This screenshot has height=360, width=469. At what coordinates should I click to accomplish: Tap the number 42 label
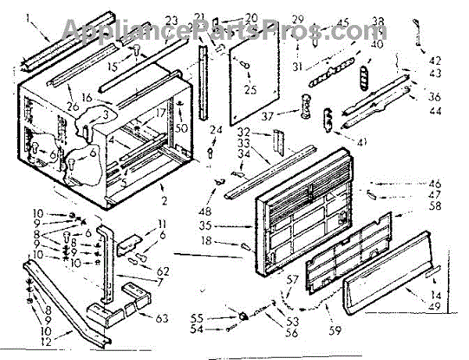(435, 59)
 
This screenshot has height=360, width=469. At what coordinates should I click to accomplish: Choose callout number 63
(161, 317)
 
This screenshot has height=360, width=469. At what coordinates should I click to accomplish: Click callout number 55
(220, 318)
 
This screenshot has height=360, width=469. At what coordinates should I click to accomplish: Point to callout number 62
(163, 271)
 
